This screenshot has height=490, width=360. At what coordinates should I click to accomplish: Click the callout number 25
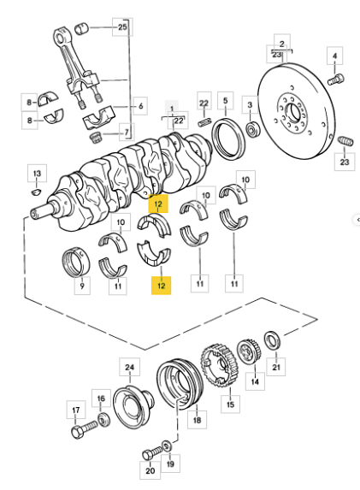pos(122,27)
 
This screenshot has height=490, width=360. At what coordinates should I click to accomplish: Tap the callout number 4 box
pos(334,56)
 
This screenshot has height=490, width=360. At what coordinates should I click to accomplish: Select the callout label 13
pos(37,173)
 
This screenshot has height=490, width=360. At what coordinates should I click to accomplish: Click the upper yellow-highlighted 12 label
pos(158,204)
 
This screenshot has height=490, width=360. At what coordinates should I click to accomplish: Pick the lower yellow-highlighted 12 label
pos(162,286)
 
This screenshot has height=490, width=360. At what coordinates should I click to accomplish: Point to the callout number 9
pos(82,286)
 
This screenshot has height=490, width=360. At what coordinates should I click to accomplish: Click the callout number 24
pos(130,367)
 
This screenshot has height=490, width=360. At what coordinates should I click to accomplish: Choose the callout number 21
pos(276,367)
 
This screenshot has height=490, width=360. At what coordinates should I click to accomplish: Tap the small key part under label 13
pos(36,192)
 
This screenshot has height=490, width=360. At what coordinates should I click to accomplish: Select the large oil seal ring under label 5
pos(228,139)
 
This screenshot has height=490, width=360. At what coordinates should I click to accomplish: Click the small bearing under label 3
pos(252,130)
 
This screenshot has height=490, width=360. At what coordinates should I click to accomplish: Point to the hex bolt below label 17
pos(85,429)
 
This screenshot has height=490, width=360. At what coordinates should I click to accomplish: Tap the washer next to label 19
pos(167,445)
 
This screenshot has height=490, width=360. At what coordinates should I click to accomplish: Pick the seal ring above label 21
pos(273,340)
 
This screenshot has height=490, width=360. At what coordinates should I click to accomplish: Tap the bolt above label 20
pos(152,453)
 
